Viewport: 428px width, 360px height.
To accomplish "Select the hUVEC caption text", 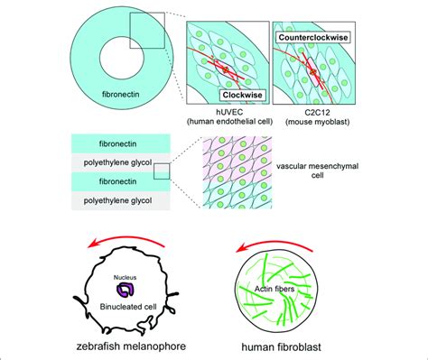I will point(225,115).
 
